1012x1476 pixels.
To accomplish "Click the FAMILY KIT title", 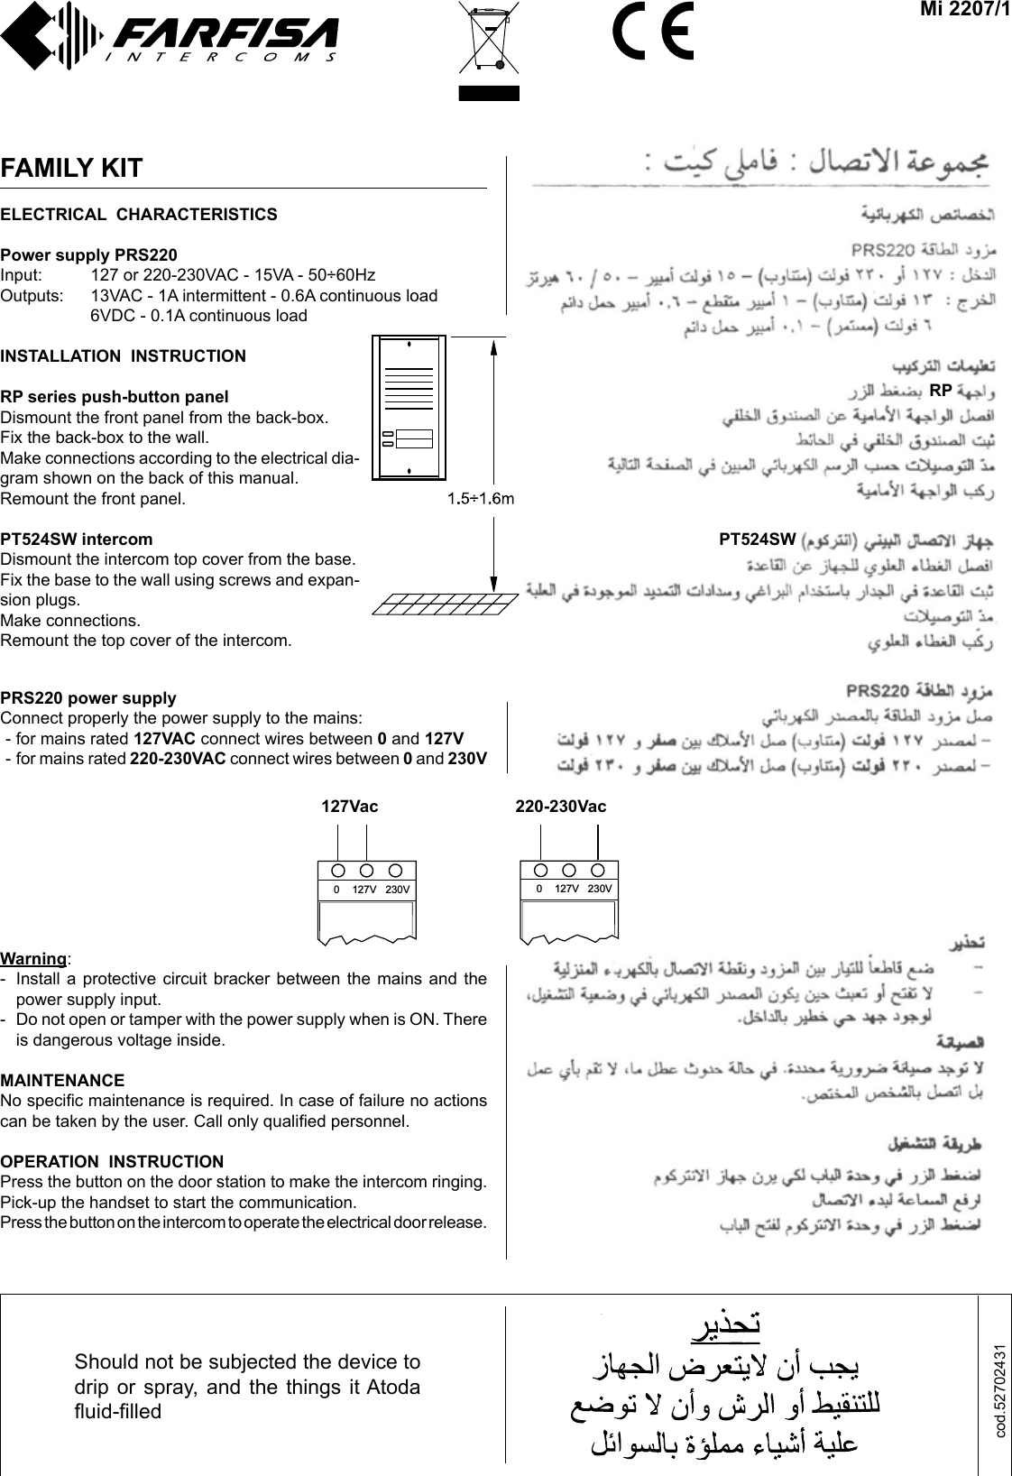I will [72, 168].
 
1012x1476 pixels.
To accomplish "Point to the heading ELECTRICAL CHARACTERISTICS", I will [139, 215].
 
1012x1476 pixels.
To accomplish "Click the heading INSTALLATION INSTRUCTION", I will [123, 355].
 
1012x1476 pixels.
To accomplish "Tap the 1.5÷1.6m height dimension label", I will [482, 497].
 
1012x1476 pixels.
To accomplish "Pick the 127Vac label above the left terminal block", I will [350, 807].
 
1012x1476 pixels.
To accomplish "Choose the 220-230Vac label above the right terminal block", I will [560, 807].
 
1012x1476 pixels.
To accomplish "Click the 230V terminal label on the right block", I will [600, 889].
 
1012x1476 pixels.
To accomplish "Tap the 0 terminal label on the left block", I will [336, 890].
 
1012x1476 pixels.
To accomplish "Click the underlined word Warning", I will [34, 958].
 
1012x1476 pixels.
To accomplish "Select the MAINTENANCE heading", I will [63, 1080].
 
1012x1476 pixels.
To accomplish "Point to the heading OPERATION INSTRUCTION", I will [112, 1161].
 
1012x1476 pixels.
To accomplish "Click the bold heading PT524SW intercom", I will [77, 540].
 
